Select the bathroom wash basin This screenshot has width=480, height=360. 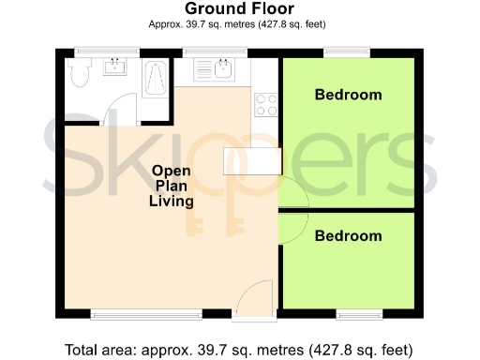[x=117, y=67]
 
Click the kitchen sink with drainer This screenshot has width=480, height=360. [x=217, y=69]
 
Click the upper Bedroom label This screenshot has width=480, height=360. [x=348, y=95]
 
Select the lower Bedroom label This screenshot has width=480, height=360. [x=348, y=236]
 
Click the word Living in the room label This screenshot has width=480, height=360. [x=172, y=202]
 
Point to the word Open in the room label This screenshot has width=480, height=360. [x=172, y=172]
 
